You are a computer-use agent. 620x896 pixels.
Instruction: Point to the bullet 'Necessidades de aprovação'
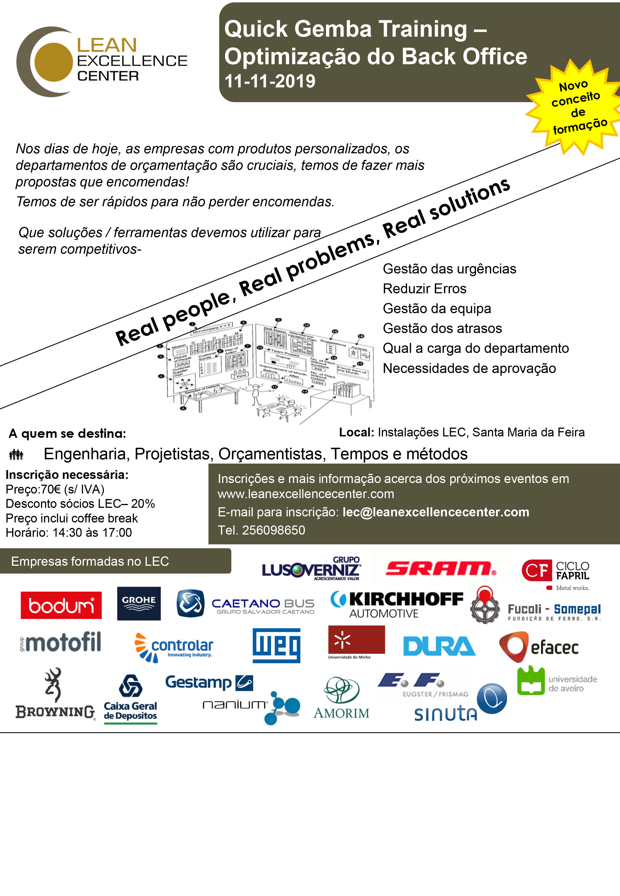tap(469, 368)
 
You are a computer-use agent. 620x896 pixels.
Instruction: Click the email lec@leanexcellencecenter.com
tap(435, 512)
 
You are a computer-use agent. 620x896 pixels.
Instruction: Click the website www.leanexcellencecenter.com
tap(306, 494)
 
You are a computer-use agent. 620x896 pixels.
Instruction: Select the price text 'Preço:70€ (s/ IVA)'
tap(55, 489)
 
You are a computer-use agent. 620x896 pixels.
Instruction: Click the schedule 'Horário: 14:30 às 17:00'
tap(69, 532)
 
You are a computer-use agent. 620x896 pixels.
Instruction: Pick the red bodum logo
tap(61, 605)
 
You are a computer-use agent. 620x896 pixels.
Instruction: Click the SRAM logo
tap(441, 568)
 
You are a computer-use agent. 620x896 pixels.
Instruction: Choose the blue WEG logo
tap(276, 645)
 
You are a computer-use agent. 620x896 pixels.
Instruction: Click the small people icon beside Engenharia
tap(16, 454)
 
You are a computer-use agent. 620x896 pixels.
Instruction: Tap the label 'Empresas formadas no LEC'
tap(90, 561)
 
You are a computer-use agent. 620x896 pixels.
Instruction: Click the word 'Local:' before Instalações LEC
tap(356, 432)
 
